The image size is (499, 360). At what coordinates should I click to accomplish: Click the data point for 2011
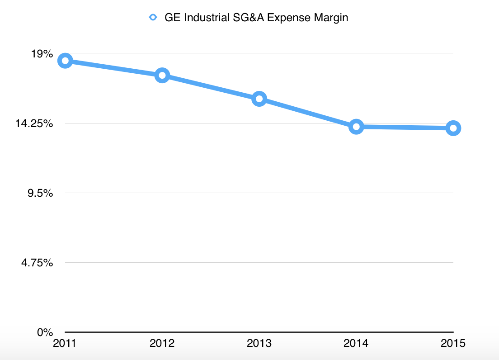[x=65, y=61]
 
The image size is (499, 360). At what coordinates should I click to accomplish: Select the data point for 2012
[x=162, y=76]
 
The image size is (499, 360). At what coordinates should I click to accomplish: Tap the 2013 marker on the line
[x=259, y=99]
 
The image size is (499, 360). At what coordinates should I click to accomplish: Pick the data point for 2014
[x=356, y=127]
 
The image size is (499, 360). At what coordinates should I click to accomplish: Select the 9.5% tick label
[x=41, y=193]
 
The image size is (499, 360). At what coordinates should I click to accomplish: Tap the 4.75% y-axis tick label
[x=38, y=263]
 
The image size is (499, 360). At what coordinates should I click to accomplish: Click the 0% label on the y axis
[x=45, y=332]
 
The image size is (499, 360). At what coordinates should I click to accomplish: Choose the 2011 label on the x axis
[x=65, y=344]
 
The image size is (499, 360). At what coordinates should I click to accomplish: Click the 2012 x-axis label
[x=162, y=344]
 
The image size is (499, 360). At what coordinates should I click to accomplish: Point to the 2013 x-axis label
[x=259, y=344]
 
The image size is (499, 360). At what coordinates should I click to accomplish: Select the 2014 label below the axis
[x=356, y=344]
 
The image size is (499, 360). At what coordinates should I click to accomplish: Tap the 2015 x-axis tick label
[x=453, y=344]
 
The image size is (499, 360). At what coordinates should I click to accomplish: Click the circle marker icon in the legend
[x=153, y=18]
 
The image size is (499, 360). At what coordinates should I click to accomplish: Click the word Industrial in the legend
[x=205, y=18]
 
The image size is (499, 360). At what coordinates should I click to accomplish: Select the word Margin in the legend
[x=332, y=18]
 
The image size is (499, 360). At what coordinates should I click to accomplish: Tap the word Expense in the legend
[x=289, y=18]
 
